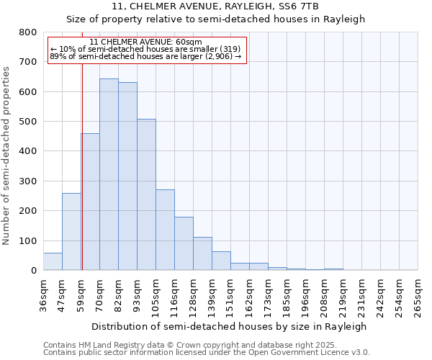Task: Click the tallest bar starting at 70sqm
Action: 109,174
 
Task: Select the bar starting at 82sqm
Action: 127,176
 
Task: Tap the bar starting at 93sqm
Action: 146,194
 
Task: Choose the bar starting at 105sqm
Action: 165,230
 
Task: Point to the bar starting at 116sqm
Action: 184,243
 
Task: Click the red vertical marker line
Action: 82,180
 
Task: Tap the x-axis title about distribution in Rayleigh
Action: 230,326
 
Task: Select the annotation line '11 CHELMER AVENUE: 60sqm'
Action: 146,42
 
